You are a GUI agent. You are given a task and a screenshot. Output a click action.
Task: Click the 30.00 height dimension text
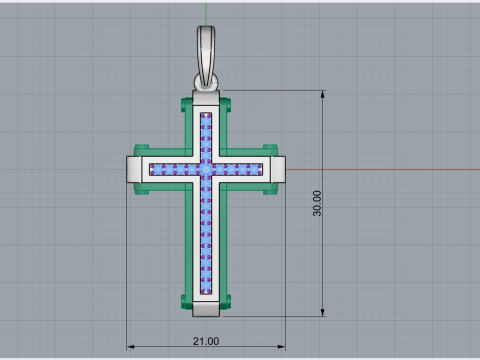[317, 203]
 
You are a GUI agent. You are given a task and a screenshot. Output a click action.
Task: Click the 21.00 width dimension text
[206, 341]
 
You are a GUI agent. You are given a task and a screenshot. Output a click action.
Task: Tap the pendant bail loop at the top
[206, 57]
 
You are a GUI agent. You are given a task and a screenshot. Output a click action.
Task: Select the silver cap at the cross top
[206, 98]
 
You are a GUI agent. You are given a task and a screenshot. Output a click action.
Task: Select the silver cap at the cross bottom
[206, 309]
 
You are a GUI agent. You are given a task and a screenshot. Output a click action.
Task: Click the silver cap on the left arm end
[134, 169]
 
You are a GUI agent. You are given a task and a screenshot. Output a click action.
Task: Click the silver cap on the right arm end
[278, 169]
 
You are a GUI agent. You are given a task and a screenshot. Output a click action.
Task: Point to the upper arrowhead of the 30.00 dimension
[322, 94]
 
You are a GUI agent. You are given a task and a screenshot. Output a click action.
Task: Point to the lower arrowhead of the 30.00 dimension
[322, 312]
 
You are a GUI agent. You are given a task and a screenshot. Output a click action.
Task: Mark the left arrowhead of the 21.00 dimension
[131, 347]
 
